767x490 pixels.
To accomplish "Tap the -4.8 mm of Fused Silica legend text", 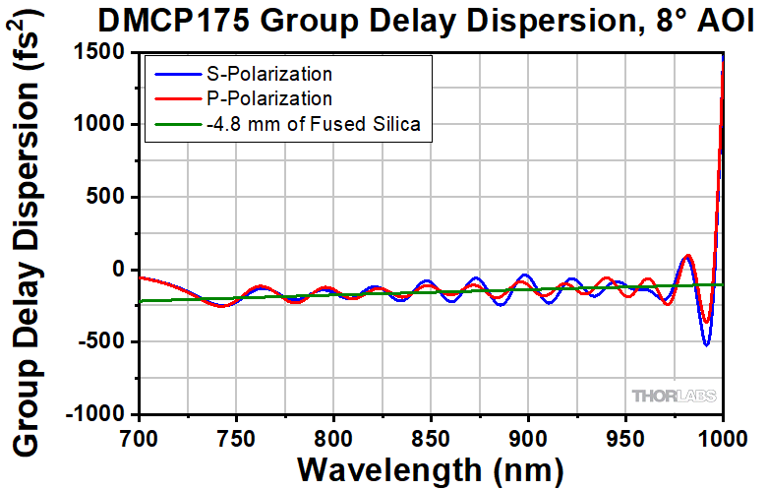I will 314,124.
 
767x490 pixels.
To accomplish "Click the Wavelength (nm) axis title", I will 432,469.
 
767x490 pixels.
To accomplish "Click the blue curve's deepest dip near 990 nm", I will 706,344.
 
